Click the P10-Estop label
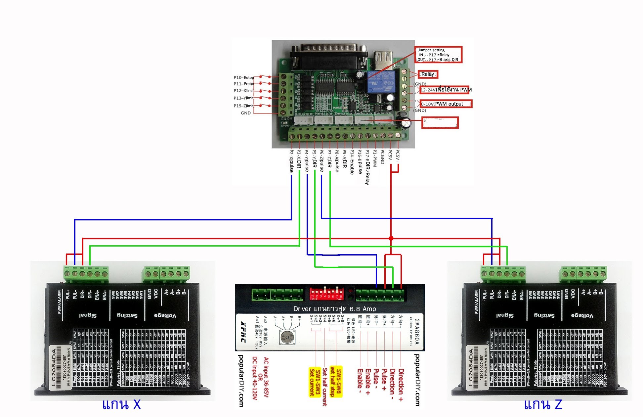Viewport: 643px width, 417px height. coord(244,77)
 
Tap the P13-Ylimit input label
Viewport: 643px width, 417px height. coord(243,98)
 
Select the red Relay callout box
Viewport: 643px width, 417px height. coord(428,74)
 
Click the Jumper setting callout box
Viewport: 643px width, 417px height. coord(438,55)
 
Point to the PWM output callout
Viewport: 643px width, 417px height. coord(446,104)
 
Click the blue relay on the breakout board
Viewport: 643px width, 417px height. coord(381,82)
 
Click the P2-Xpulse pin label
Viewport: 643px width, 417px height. coord(291,161)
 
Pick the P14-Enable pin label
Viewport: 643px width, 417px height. coord(352,162)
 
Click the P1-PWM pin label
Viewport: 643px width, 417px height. coord(375,158)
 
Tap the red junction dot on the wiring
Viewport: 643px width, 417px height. coord(391,238)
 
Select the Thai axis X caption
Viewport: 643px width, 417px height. coord(121,404)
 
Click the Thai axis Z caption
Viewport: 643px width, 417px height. coord(543,404)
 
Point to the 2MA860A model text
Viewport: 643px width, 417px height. coord(417,332)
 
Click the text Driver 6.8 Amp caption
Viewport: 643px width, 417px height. coord(334,309)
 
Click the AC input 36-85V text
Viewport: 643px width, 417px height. coord(266,377)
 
